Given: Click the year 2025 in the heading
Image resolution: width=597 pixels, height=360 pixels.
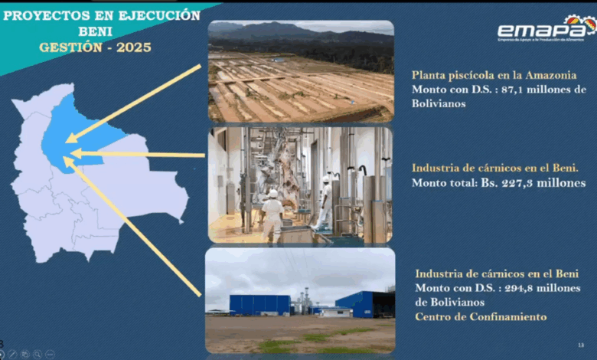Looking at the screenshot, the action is (x=134, y=47).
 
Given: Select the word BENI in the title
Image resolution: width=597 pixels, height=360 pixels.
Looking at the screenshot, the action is (x=95, y=31).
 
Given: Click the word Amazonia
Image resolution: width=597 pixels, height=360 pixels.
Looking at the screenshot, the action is (x=551, y=75).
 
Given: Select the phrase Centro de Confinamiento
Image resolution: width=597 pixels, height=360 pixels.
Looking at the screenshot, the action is (x=481, y=316).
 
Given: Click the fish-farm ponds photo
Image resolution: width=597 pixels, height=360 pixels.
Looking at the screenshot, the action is (x=301, y=71).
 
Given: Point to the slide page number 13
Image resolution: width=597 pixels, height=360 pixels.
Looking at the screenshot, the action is (x=581, y=345).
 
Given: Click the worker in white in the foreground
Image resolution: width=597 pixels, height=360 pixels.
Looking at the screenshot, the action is (x=273, y=215).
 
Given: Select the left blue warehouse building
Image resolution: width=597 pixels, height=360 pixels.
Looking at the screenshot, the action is (x=259, y=305).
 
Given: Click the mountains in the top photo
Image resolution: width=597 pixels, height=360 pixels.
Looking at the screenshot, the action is (x=301, y=32).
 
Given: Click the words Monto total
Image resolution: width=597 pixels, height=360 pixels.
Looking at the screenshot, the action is (x=444, y=183).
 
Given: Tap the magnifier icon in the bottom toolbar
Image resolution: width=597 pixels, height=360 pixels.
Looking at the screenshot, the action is (x=38, y=355).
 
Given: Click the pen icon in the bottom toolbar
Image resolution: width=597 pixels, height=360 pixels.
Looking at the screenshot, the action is (x=12, y=355).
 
